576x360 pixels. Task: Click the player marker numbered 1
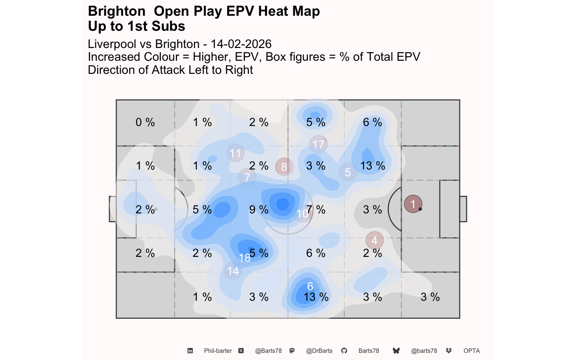point(413,204)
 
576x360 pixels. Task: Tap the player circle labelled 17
point(318,144)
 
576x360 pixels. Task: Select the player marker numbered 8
point(284,167)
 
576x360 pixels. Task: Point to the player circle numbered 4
point(374,240)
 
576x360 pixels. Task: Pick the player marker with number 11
point(235,153)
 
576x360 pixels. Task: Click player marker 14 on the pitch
point(233,271)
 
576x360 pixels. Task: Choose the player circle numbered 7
point(247,177)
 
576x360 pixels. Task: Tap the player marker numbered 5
point(348,172)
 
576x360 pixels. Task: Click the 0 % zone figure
point(145,122)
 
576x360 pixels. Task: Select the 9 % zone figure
point(259,210)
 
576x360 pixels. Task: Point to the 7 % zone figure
point(316,210)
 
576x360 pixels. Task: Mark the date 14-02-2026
point(241,44)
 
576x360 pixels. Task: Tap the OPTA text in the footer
point(471,351)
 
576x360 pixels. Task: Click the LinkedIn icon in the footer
point(190,351)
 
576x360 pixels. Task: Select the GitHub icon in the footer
point(344,351)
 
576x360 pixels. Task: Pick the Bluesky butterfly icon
point(396,351)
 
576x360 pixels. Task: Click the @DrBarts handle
point(319,351)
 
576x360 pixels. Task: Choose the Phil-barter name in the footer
point(218,351)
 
